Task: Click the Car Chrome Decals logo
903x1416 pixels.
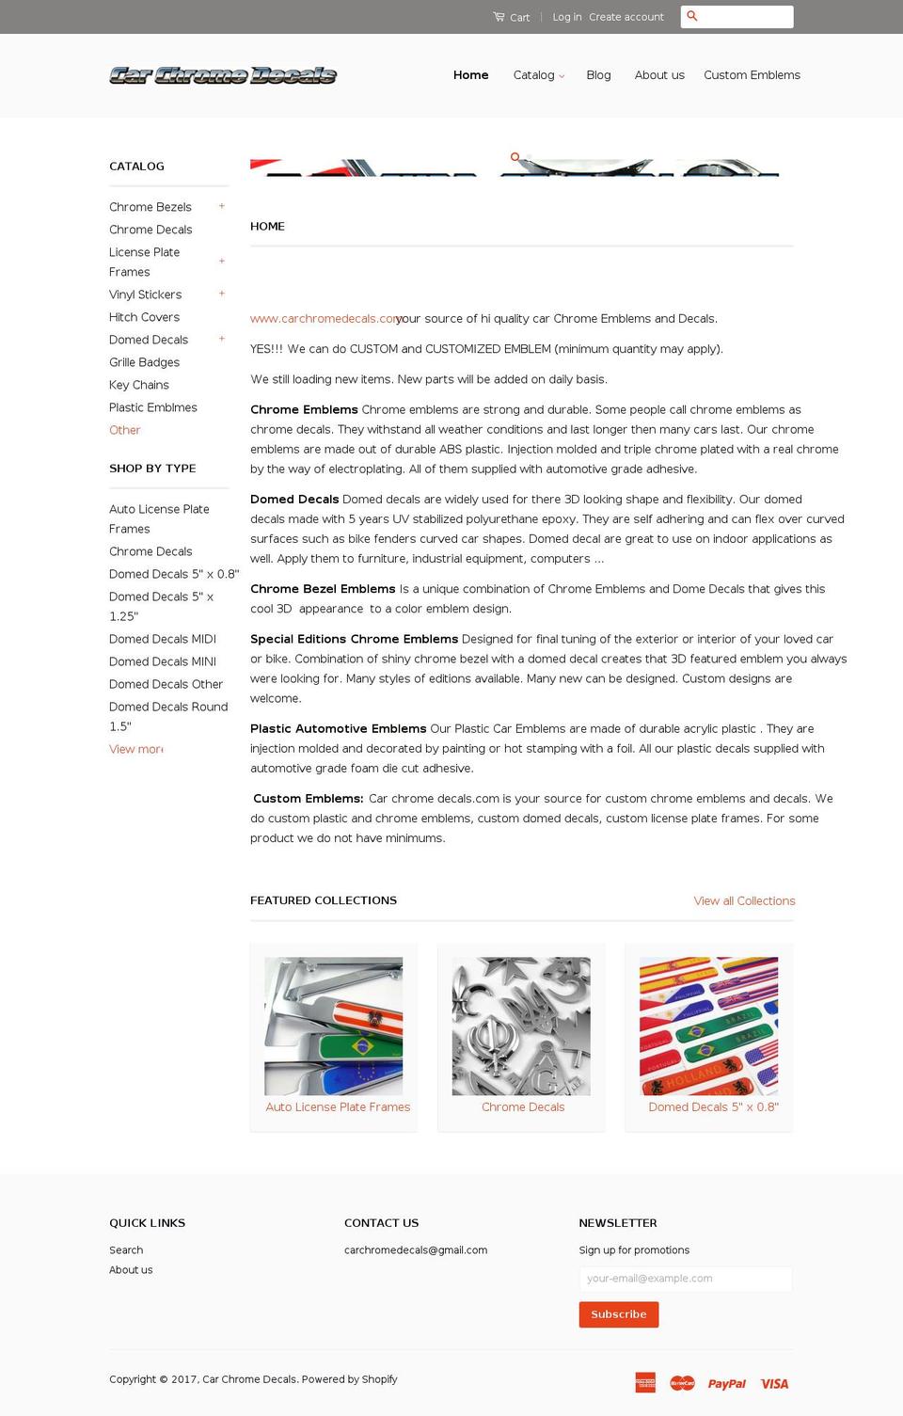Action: pyautogui.click(x=223, y=75)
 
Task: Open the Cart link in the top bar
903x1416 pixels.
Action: pyautogui.click(x=512, y=17)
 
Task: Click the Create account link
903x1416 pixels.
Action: pyautogui.click(x=626, y=17)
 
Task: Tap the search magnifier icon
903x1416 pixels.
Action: pyautogui.click(x=692, y=16)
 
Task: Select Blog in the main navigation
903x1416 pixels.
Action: pyautogui.click(x=598, y=75)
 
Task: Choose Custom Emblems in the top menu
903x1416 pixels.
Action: pyautogui.click(x=752, y=75)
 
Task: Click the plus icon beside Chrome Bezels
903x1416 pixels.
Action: pyautogui.click(x=222, y=206)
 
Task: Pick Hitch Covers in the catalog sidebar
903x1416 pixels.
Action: pyautogui.click(x=144, y=317)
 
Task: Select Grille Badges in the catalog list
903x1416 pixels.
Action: pyautogui.click(x=144, y=362)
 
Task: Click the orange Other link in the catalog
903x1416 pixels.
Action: pyautogui.click(x=124, y=430)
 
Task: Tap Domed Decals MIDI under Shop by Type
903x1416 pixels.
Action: pyautogui.click(x=163, y=639)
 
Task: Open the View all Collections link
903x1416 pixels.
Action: pyautogui.click(x=744, y=900)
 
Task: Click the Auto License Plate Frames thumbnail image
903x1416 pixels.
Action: pyautogui.click(x=333, y=1026)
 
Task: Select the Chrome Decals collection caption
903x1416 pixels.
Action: pyautogui.click(x=523, y=1107)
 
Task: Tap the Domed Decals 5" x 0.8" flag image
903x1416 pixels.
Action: pyautogui.click(x=708, y=1026)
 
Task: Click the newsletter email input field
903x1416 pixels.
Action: pyautogui.click(x=685, y=1279)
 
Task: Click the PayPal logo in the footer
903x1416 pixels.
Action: pyautogui.click(x=726, y=1383)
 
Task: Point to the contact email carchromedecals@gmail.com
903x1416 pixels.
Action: pyautogui.click(x=416, y=1250)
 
